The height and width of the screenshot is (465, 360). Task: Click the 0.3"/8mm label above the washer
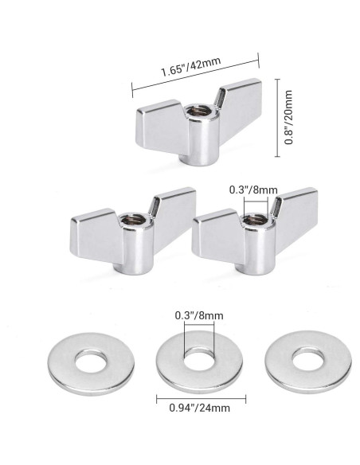[194, 315]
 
